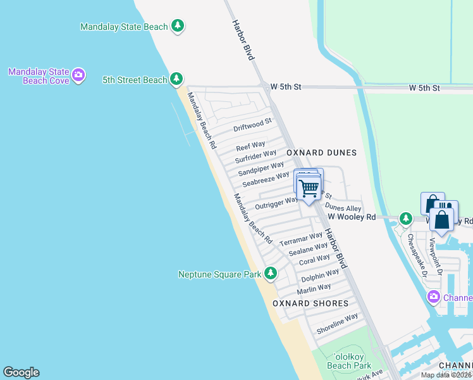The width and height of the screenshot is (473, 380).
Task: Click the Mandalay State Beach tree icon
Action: (179, 26)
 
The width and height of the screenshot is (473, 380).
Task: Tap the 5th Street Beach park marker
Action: (176, 79)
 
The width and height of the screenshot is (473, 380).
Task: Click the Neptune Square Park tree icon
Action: (271, 274)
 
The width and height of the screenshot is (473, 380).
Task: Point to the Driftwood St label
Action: (252, 124)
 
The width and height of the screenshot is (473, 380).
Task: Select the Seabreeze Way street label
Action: (266, 179)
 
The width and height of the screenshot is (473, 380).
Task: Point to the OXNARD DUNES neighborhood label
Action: (321, 153)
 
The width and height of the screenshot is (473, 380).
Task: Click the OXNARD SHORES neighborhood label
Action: (310, 303)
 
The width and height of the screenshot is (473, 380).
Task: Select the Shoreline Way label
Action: (338, 324)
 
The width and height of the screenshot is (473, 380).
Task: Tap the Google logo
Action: (21, 372)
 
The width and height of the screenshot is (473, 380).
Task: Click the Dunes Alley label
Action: (343, 207)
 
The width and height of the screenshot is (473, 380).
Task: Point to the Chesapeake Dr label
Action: (417, 256)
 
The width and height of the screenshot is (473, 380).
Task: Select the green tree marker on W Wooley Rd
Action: (405, 219)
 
